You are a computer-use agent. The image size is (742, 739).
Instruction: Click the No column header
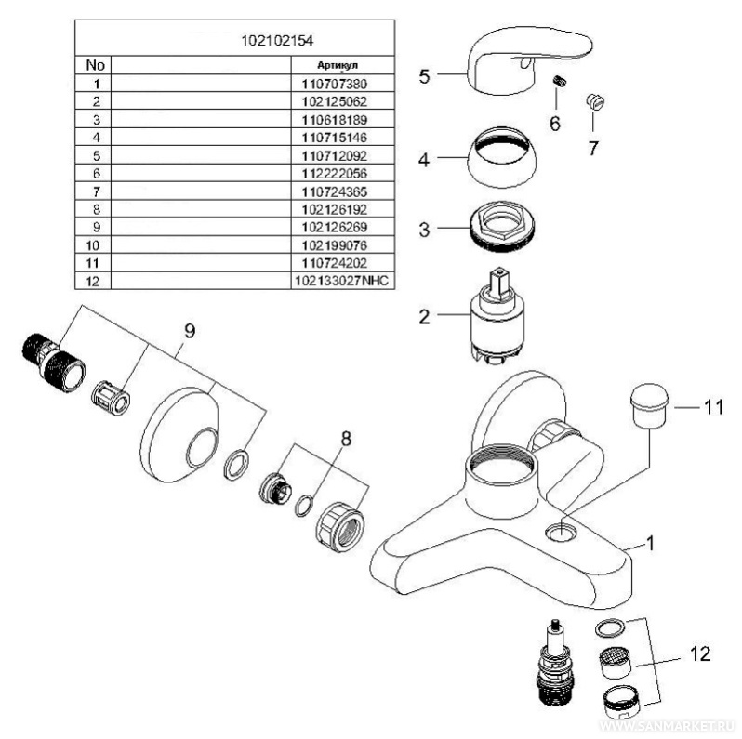tap(94, 66)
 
